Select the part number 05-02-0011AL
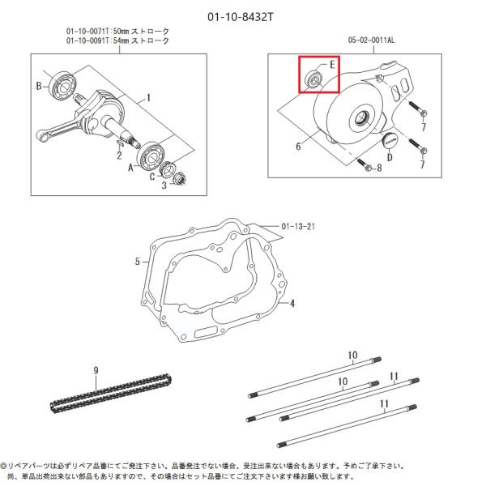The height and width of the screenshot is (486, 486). coord(376,38)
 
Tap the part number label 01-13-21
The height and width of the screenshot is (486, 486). coord(299,225)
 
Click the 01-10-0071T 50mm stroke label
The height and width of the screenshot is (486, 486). coord(117,31)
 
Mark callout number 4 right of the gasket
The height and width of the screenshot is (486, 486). coord(292,304)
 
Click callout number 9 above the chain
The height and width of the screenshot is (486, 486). coord(96,369)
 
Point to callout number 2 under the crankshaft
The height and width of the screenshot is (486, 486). coord(118,155)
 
